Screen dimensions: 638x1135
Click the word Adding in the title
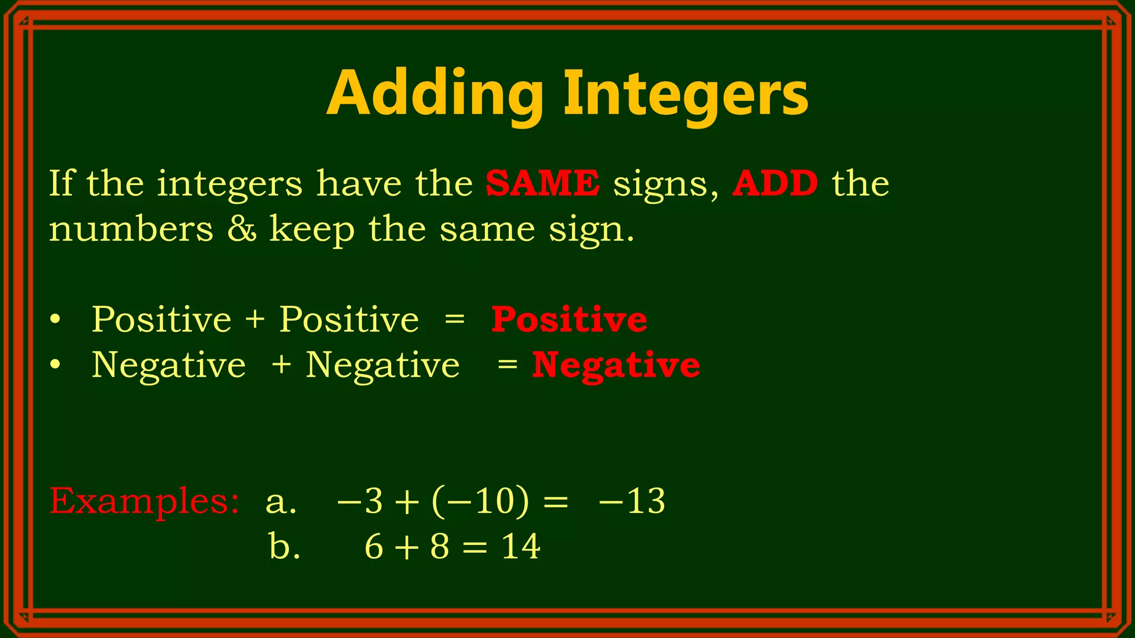(x=435, y=94)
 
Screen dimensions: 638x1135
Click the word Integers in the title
(x=686, y=94)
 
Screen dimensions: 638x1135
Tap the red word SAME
(x=543, y=183)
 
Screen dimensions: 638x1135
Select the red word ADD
(x=775, y=183)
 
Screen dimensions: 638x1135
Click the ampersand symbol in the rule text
(x=242, y=229)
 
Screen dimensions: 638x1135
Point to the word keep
(x=312, y=229)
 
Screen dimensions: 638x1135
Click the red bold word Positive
(x=569, y=320)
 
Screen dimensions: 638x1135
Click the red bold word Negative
(x=616, y=366)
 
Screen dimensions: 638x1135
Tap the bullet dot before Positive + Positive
(x=54, y=320)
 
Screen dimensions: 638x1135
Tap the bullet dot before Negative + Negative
(x=54, y=366)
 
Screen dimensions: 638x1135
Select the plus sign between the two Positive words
(x=255, y=320)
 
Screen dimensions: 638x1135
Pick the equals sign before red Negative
(x=507, y=366)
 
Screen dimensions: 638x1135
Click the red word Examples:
(x=144, y=501)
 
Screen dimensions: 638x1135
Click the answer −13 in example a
(x=632, y=501)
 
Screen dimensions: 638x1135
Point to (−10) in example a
(x=480, y=501)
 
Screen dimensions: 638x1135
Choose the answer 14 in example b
(x=520, y=547)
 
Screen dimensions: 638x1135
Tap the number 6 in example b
(x=374, y=547)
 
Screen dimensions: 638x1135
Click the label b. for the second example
(x=284, y=547)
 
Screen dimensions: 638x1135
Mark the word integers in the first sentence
(x=229, y=183)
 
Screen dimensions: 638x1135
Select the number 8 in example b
(x=439, y=547)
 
